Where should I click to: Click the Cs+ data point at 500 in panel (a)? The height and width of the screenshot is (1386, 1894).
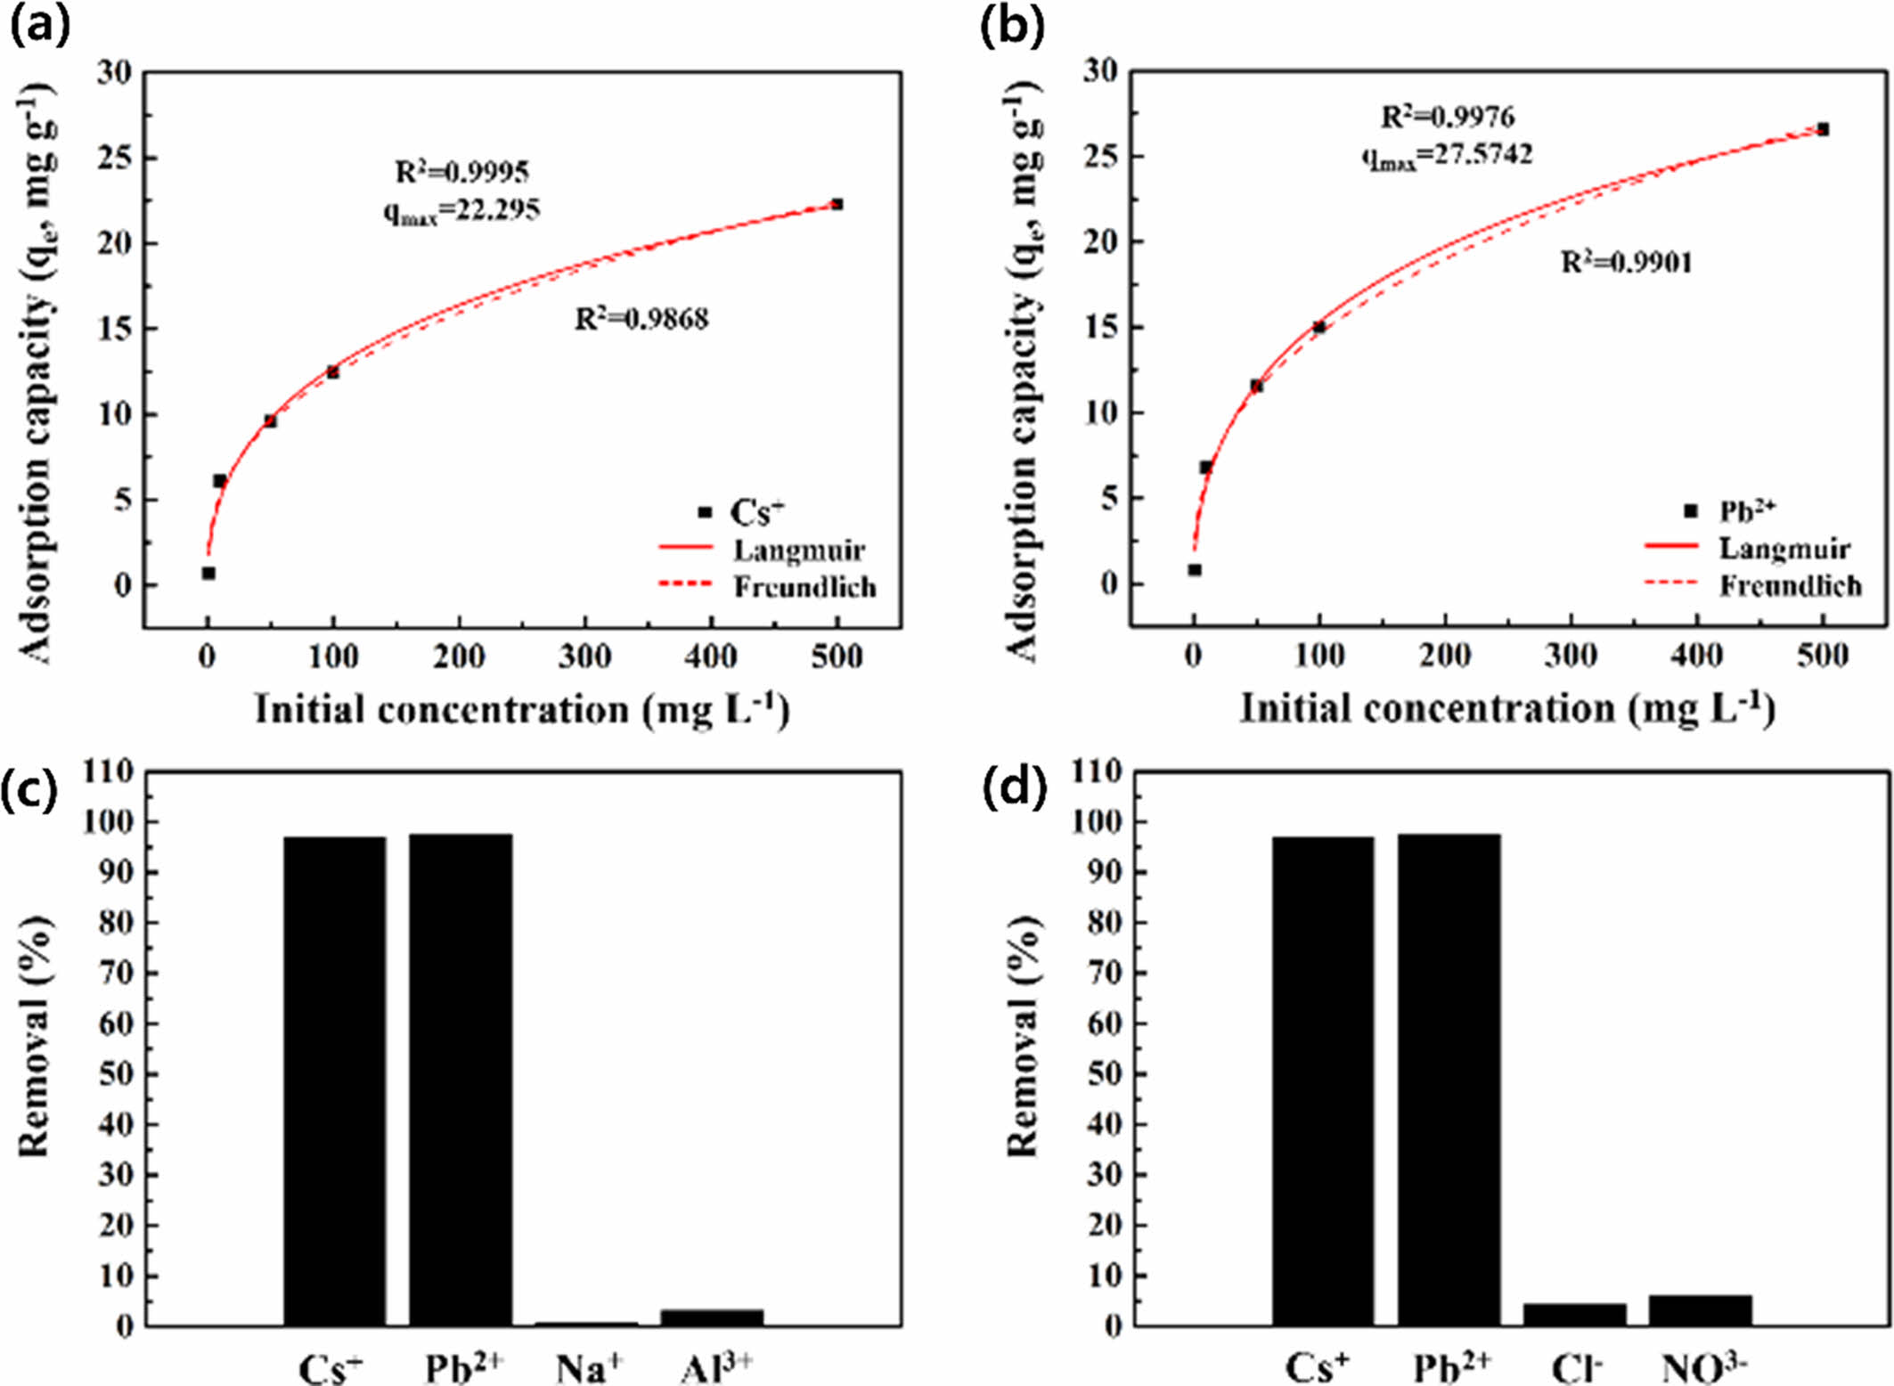[x=837, y=205]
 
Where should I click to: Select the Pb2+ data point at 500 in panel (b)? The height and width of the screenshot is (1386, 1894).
[x=1823, y=130]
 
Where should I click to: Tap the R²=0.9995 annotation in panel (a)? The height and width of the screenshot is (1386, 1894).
[x=461, y=171]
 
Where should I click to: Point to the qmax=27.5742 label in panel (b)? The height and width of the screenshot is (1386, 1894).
[x=1447, y=156]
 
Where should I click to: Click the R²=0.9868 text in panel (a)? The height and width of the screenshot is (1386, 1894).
[x=641, y=319]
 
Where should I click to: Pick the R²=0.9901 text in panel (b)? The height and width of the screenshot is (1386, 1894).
[x=1627, y=263]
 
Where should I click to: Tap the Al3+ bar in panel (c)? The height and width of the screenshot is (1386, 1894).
[x=712, y=1317]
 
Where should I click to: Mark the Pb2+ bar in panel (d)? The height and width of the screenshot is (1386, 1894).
[x=1449, y=1080]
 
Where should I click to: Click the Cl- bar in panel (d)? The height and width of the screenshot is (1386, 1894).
[x=1574, y=1314]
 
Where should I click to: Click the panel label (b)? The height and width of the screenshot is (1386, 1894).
[x=1011, y=27]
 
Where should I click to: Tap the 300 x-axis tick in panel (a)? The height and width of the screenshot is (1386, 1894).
[x=584, y=657]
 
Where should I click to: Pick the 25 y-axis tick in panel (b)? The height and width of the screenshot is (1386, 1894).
[x=1101, y=156]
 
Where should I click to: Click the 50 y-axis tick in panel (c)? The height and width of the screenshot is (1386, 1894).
[x=114, y=1073]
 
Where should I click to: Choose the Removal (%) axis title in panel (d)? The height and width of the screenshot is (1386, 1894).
[x=1022, y=1036]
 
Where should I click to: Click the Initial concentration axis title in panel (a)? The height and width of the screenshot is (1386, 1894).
[x=522, y=710]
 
